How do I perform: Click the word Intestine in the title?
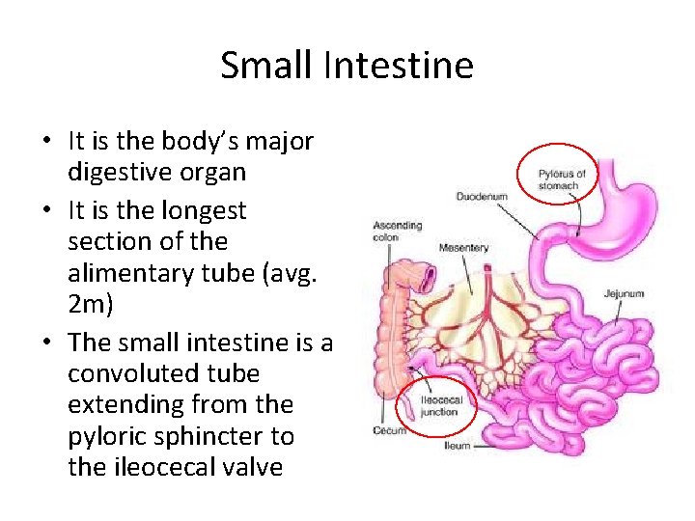click(x=399, y=66)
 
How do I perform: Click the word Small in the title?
click(x=267, y=66)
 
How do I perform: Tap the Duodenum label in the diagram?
click(x=482, y=197)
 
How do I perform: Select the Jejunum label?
click(x=624, y=292)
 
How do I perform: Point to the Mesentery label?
click(x=463, y=248)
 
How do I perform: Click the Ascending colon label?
click(x=397, y=231)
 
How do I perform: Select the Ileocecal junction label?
click(x=440, y=405)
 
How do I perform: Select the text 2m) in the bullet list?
click(x=92, y=305)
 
